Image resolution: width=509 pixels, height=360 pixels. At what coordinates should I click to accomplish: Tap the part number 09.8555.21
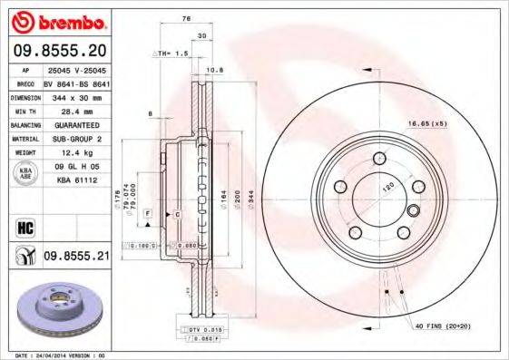click(76, 258)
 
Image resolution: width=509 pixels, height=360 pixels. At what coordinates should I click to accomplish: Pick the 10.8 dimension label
click(215, 70)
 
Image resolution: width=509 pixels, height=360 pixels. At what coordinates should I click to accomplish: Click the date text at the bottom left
click(54, 355)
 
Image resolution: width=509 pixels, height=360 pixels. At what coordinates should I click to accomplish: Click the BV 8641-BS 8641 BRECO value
click(76, 82)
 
